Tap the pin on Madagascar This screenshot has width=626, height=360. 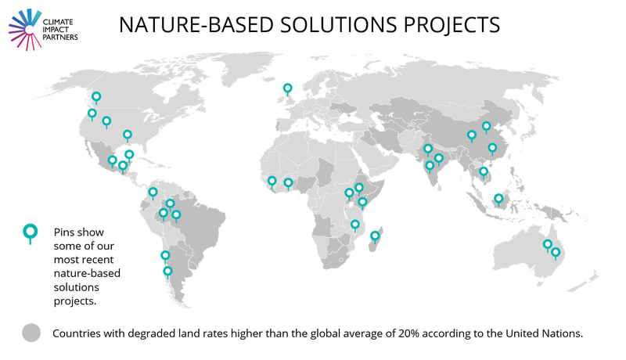[x=375, y=236]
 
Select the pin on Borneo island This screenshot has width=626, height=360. [x=498, y=198]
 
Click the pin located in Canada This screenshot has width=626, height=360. [x=96, y=96]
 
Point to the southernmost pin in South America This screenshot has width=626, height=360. [x=167, y=272]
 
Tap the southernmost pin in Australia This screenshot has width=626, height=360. [x=556, y=252]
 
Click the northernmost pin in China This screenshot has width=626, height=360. [x=486, y=126]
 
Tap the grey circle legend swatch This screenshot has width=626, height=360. [x=31, y=333]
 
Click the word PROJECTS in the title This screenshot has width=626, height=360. [x=452, y=25]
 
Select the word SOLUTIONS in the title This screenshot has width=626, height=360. [x=339, y=25]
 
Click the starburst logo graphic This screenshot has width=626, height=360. [x=25, y=30]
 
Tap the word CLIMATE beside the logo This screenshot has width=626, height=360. [x=58, y=22]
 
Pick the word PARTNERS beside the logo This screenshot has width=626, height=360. [x=60, y=37]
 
